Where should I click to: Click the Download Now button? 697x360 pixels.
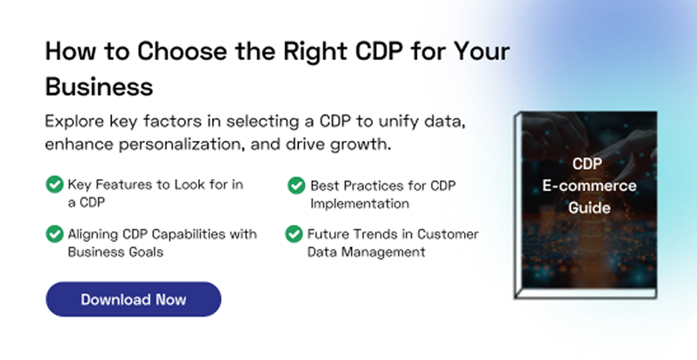(x=133, y=299)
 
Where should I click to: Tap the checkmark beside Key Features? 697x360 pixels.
(x=55, y=184)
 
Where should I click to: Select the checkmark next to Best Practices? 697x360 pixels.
(x=296, y=185)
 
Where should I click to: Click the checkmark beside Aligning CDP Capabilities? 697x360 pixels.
(x=55, y=234)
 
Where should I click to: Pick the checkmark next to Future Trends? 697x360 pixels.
(x=294, y=234)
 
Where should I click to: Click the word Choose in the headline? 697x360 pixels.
(x=183, y=50)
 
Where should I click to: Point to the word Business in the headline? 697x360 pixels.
(x=99, y=86)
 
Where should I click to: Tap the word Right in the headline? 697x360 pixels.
(x=315, y=51)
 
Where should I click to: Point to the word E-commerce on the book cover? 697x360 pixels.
(x=589, y=185)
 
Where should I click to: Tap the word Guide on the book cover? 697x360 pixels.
(x=589, y=208)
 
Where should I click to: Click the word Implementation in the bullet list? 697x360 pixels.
(x=360, y=203)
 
